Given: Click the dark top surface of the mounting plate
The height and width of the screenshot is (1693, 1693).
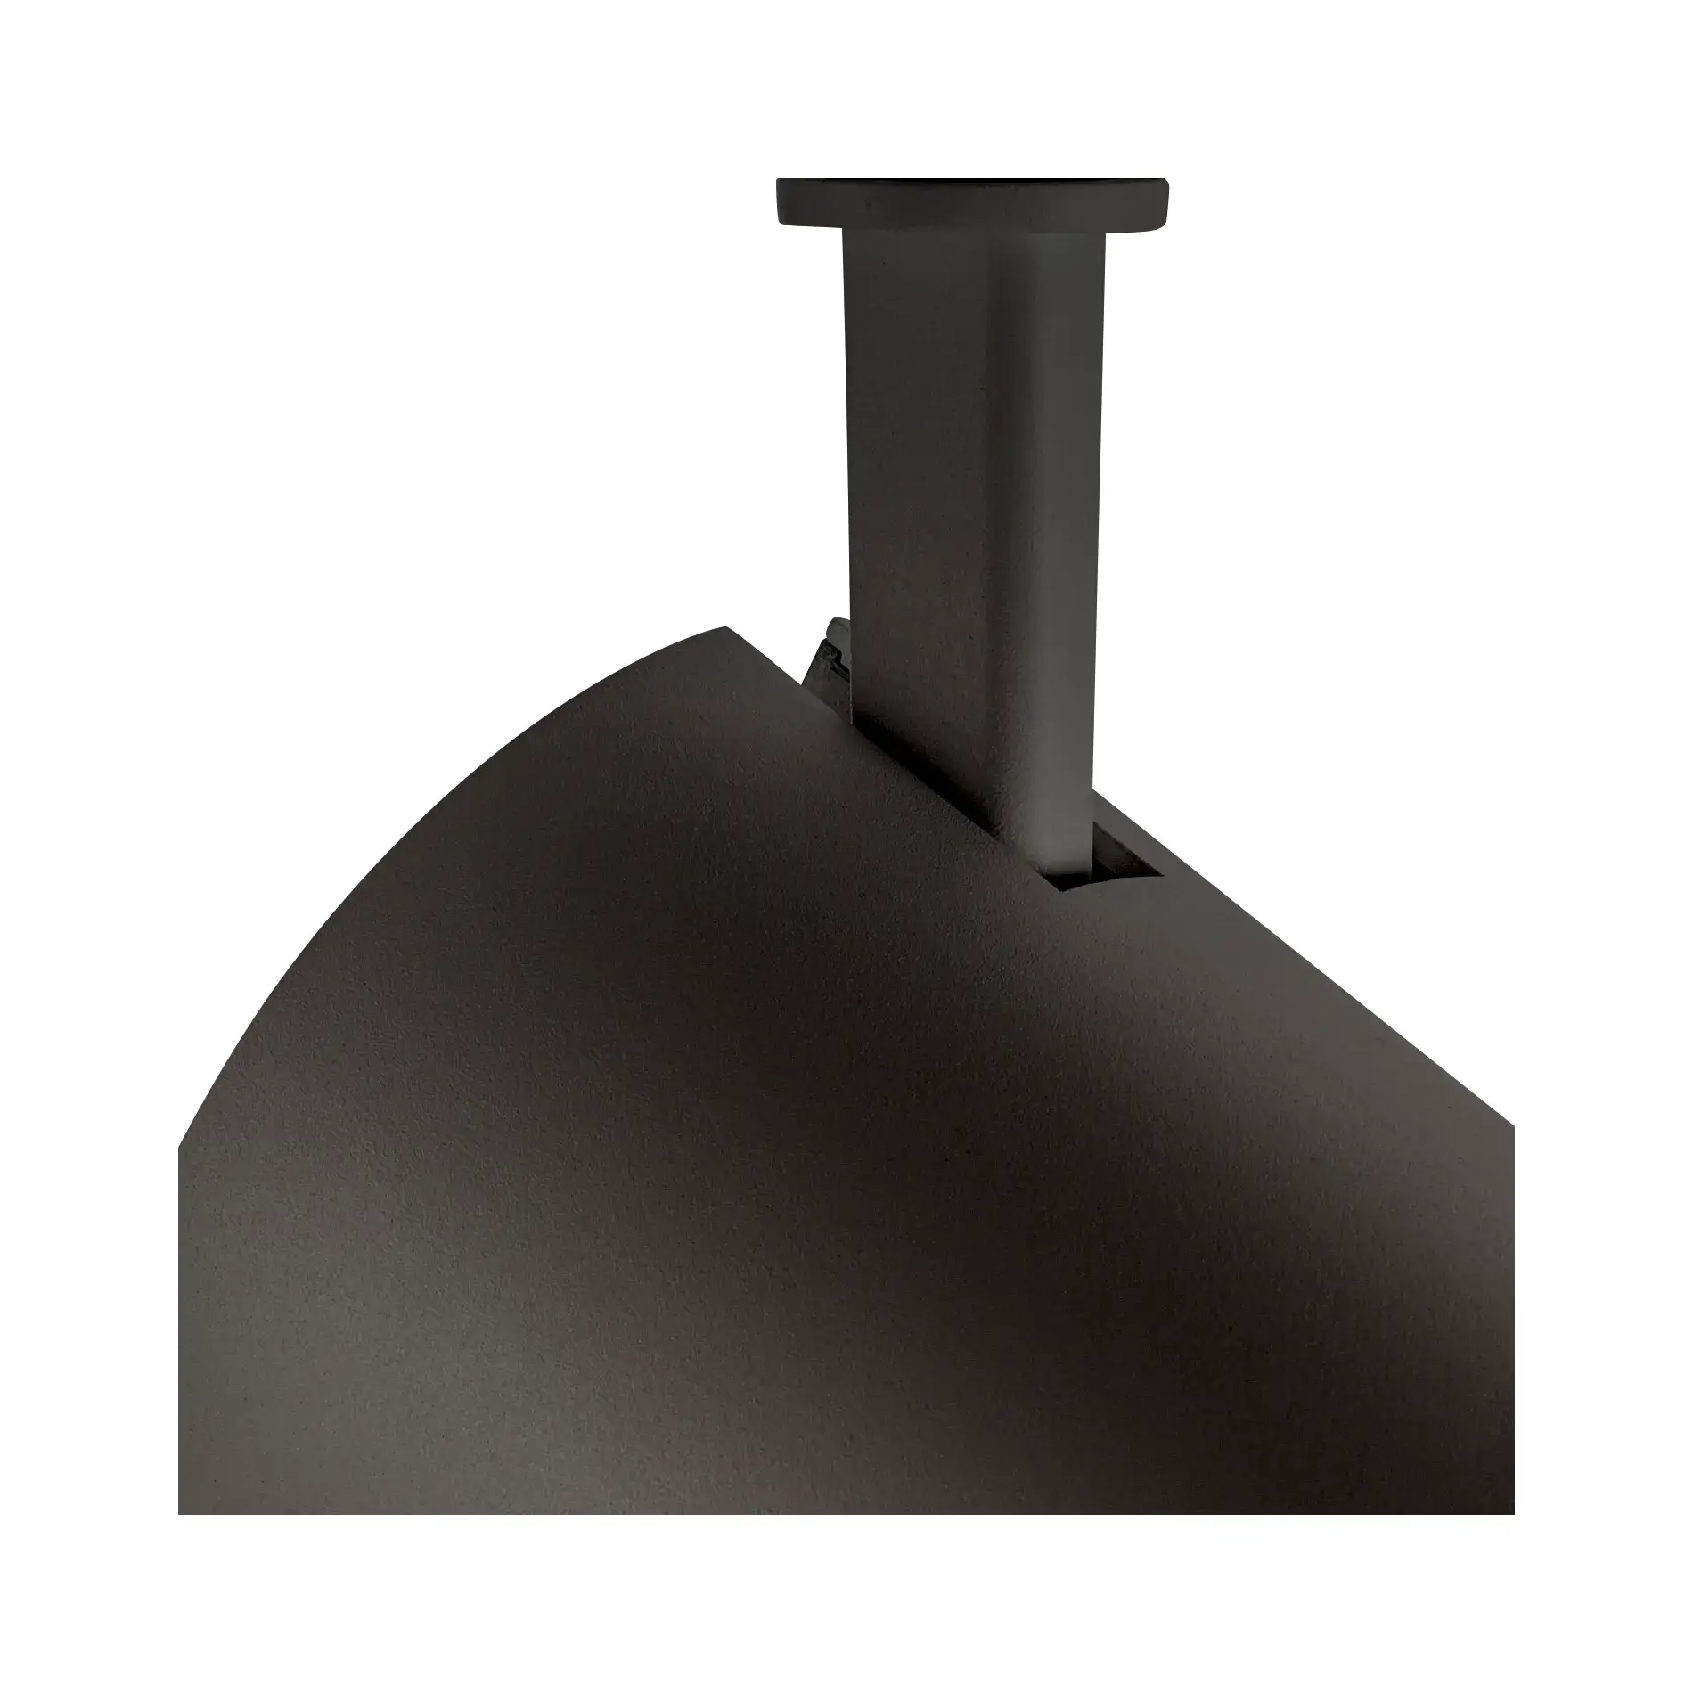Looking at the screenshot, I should click(971, 182).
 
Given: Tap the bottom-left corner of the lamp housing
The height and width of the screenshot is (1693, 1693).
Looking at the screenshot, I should click(181, 1511).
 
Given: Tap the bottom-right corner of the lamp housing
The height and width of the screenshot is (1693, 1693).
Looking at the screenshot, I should click(1511, 1511).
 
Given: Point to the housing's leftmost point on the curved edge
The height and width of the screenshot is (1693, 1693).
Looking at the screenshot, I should click(181, 1149).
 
